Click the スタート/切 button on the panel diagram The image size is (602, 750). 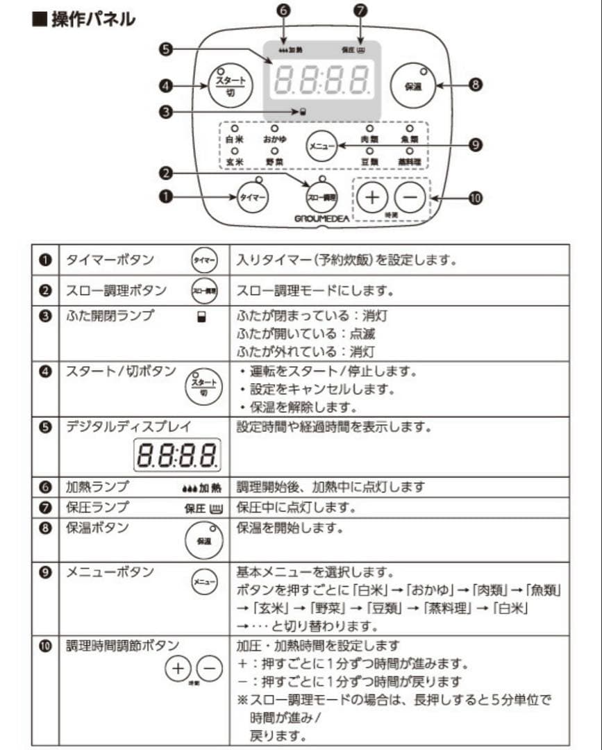point(230,86)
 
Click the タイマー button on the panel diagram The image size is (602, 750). point(253,197)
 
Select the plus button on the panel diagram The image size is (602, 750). point(373,197)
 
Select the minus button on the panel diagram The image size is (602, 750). point(411,197)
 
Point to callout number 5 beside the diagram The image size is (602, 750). point(165,49)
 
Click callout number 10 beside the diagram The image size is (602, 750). point(475,198)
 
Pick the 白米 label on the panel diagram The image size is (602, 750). point(235,140)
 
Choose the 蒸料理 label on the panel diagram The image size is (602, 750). point(409,162)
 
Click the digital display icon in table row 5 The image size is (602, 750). point(177,455)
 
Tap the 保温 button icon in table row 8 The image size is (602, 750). point(203,540)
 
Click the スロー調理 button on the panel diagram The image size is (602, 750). point(321,197)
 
